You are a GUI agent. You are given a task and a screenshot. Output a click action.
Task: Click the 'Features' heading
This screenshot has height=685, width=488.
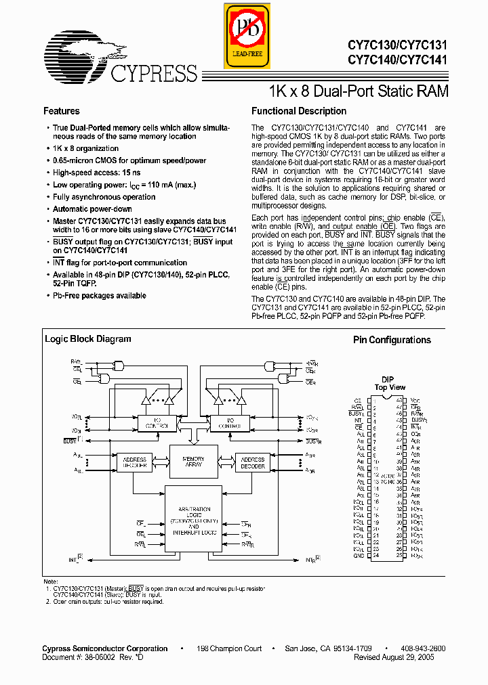[62, 111]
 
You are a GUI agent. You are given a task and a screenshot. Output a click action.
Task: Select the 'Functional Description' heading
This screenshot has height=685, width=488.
[299, 111]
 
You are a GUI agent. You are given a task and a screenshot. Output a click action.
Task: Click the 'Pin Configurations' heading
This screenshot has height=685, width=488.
[392, 340]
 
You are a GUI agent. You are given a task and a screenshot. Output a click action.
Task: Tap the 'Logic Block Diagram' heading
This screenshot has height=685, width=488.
[88, 339]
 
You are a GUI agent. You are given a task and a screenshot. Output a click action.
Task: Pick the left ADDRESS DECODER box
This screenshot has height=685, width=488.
[135, 463]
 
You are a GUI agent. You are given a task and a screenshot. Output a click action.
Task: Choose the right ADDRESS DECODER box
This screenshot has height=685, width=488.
[253, 463]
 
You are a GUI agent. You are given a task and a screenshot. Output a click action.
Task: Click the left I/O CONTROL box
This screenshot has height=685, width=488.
[156, 423]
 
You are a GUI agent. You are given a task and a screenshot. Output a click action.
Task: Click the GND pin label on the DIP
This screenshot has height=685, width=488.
[359, 556]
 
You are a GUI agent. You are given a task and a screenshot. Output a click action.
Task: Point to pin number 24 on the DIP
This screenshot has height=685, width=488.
[375, 556]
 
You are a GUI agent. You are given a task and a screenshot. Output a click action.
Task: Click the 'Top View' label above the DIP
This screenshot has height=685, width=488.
[390, 388]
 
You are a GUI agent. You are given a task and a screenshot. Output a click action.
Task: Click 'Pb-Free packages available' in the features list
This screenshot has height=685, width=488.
[100, 296]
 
